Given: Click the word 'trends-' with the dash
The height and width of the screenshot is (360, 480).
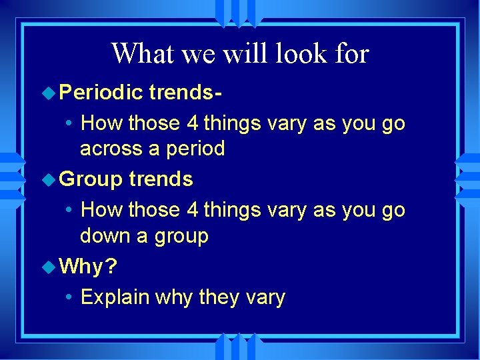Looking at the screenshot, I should click(185, 93).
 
